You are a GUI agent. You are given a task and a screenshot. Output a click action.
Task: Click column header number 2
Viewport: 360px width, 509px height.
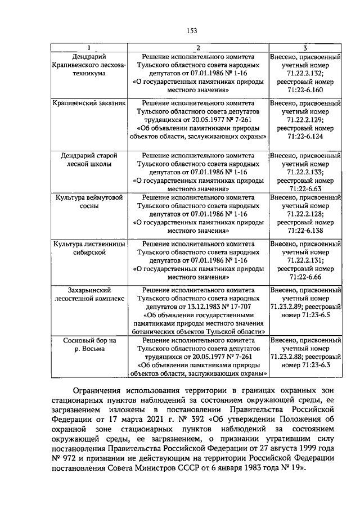[198, 48]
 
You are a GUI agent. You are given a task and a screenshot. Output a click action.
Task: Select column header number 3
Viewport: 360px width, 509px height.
[305, 48]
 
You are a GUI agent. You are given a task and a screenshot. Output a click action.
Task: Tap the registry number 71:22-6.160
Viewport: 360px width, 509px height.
[305, 89]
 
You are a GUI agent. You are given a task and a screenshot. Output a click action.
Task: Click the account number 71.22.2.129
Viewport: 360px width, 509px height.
[305, 120]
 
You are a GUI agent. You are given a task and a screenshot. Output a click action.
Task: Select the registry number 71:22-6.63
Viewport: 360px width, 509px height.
[305, 188]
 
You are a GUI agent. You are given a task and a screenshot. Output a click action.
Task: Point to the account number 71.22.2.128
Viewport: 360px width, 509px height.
[305, 214]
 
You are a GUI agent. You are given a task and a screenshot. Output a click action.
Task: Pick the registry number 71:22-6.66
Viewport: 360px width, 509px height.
[305, 277]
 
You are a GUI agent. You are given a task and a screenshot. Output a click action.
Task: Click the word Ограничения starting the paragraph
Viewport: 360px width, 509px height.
[102, 391]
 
